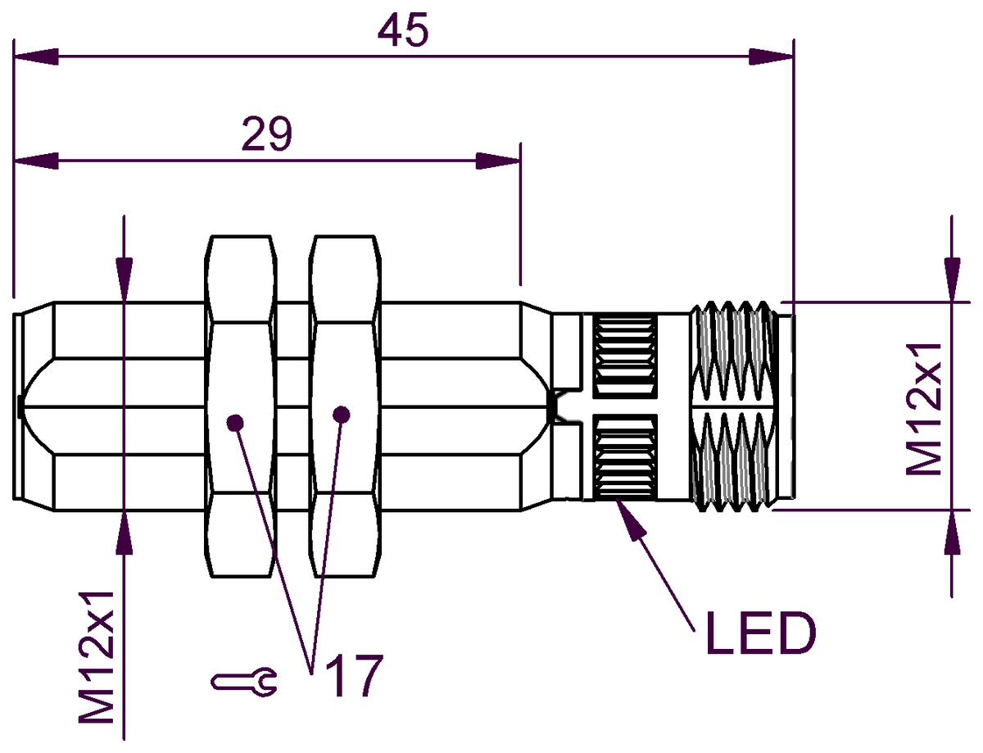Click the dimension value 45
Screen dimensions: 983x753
402,30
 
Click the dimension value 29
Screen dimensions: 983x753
267,134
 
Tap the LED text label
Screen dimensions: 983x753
760,633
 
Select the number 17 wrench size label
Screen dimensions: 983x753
354,676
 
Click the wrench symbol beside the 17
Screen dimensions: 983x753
244,682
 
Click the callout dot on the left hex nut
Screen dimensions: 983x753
235,423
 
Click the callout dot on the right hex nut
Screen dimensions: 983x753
341,415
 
